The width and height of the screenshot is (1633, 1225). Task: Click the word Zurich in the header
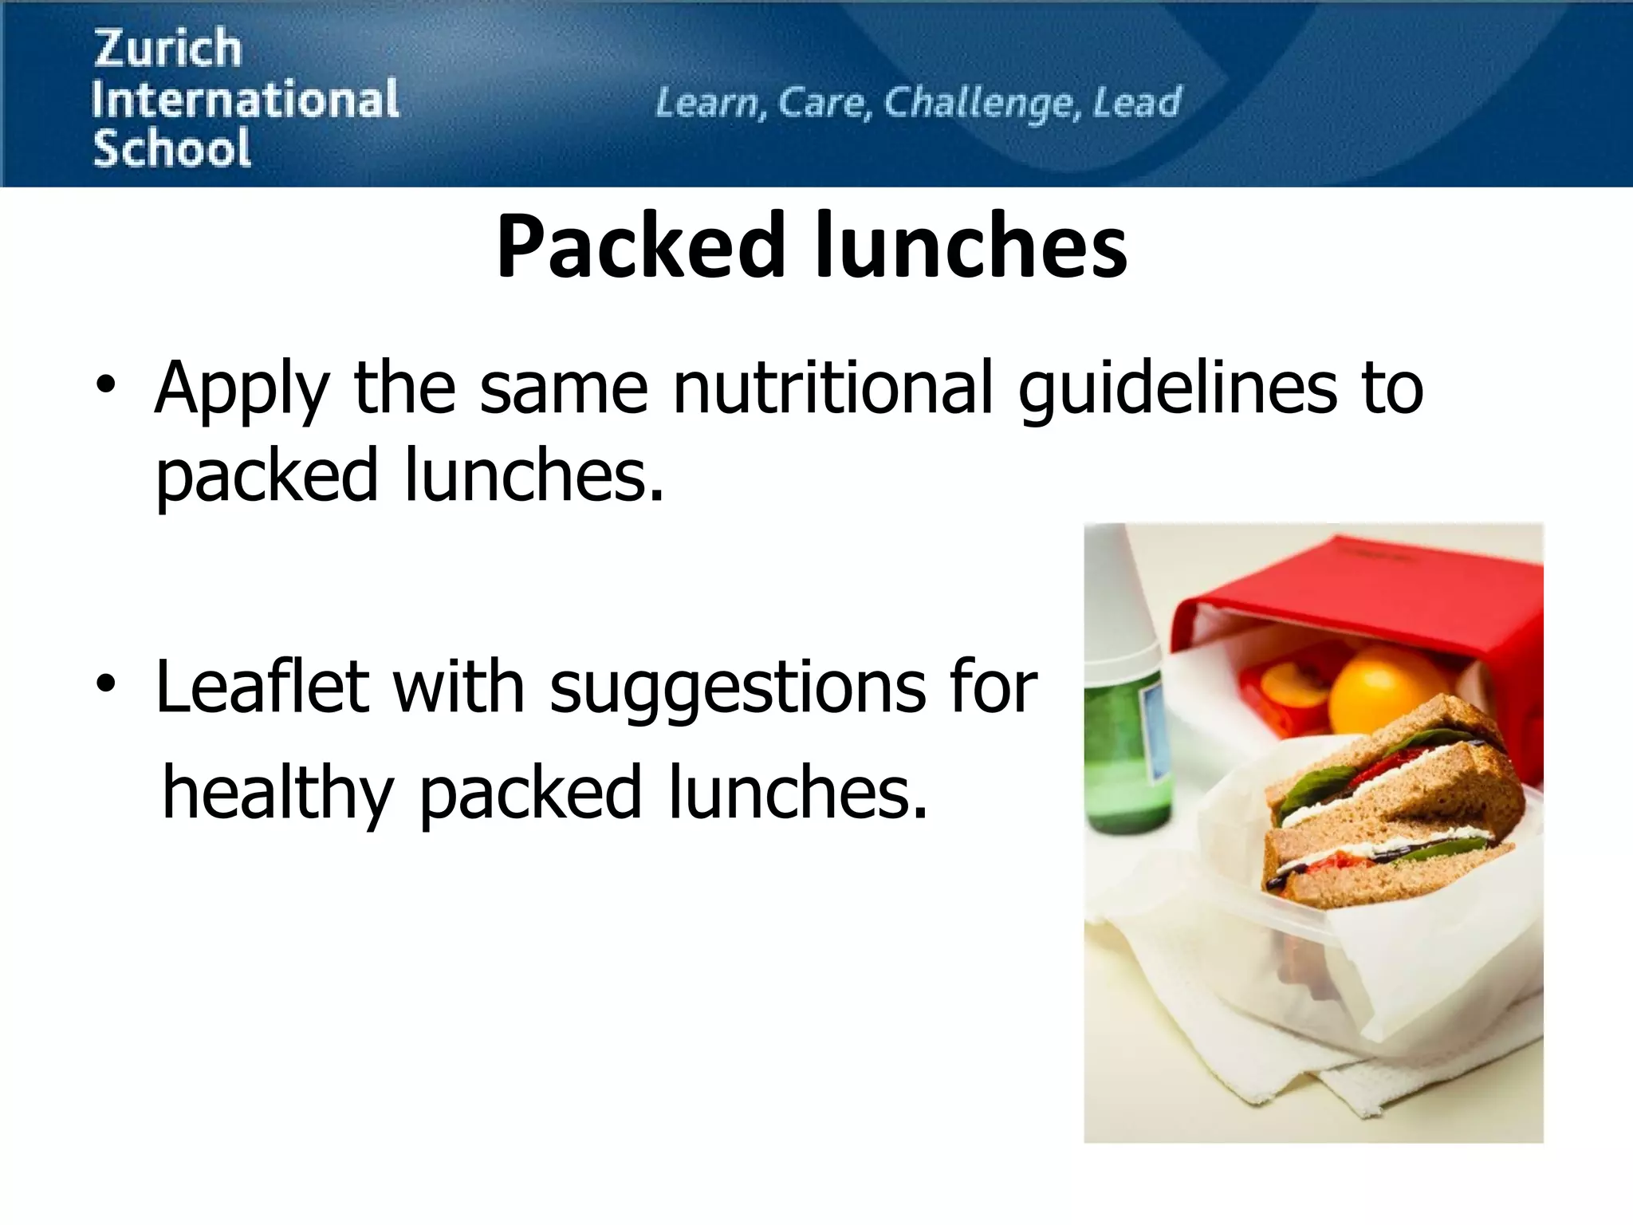tap(168, 48)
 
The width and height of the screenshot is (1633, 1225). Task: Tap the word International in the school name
tap(245, 99)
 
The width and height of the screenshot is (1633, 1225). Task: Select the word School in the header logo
tap(171, 149)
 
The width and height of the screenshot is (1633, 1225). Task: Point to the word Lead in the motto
tap(1136, 102)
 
